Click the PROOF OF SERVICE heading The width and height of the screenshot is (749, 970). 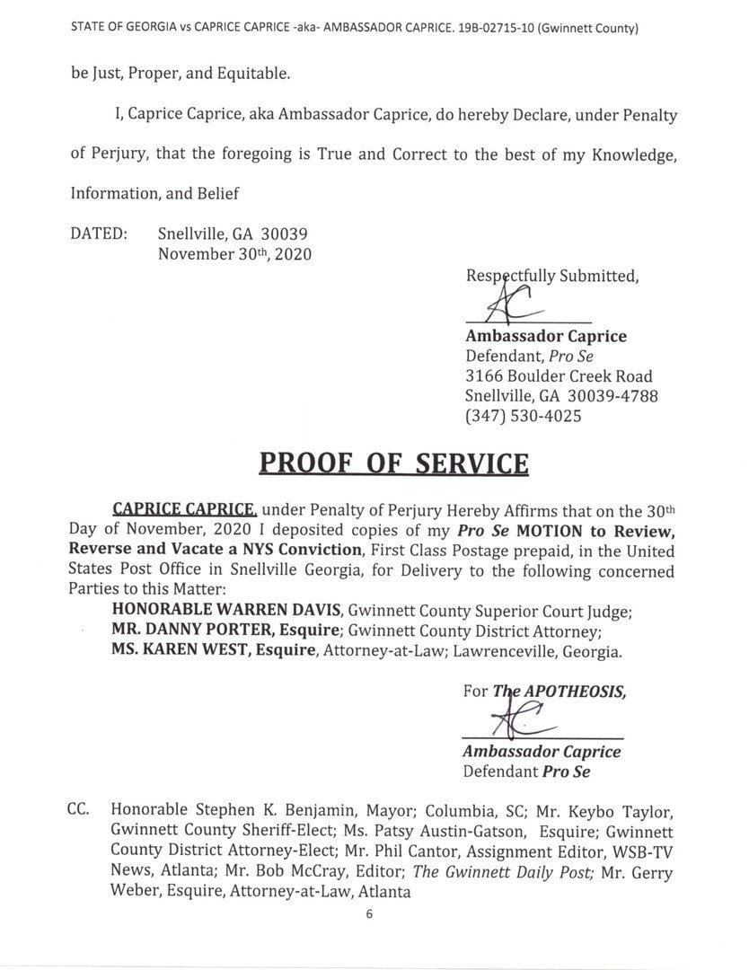click(x=393, y=463)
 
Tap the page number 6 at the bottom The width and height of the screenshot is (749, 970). click(x=369, y=914)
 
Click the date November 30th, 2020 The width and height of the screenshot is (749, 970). click(x=234, y=254)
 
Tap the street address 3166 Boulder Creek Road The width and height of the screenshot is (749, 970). click(x=559, y=376)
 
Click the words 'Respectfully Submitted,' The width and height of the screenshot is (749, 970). click(x=552, y=276)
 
